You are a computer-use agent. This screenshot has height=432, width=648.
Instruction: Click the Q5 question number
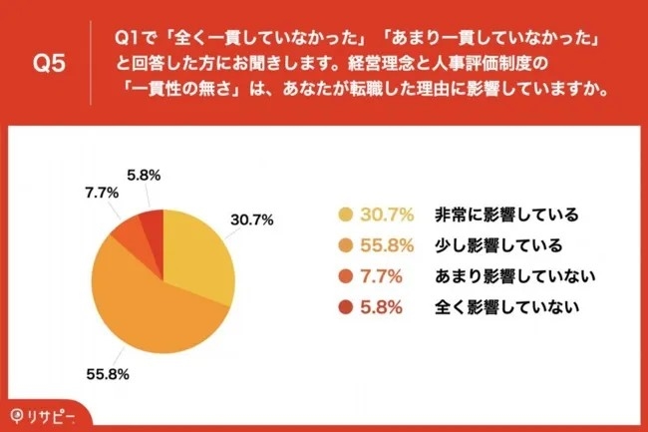pyautogui.click(x=47, y=63)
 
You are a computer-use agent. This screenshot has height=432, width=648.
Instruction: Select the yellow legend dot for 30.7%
pyautogui.click(x=346, y=215)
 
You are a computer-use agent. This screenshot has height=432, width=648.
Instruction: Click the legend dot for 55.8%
pyautogui.click(x=346, y=244)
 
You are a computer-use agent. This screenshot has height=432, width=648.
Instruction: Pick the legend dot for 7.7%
pyautogui.click(x=346, y=275)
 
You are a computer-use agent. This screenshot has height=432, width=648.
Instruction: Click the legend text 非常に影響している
pyautogui.click(x=506, y=215)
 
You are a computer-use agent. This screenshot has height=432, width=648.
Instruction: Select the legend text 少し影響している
pyautogui.click(x=497, y=244)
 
